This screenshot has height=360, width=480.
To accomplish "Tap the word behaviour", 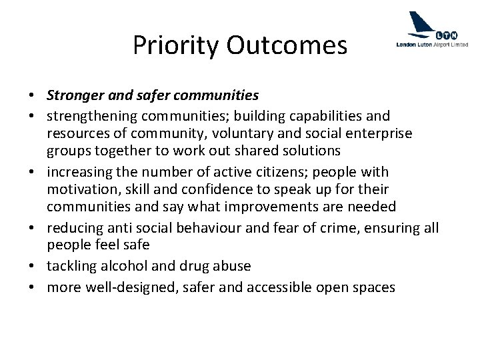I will click(218, 229).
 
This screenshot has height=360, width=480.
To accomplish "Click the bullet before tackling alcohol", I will click(35, 265).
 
